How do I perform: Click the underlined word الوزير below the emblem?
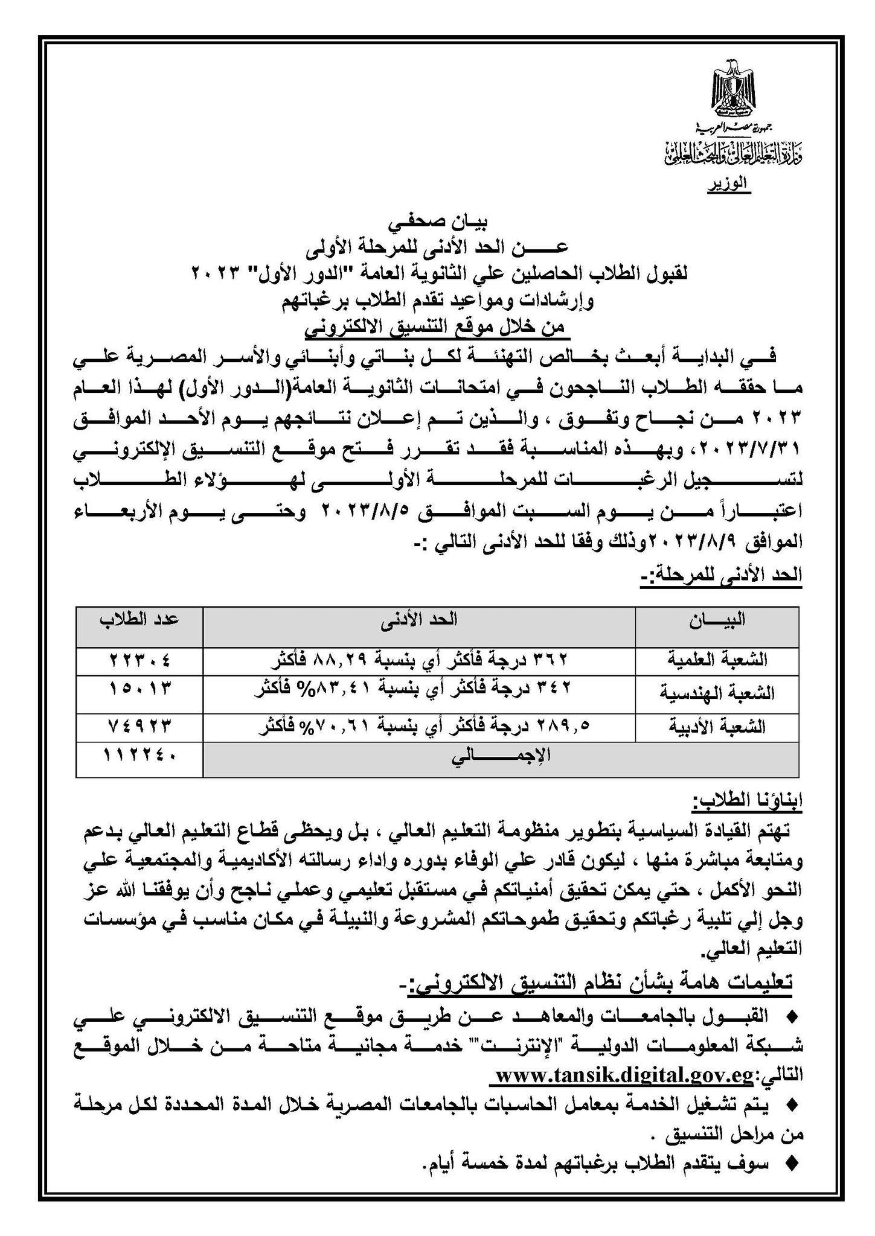(x=728, y=183)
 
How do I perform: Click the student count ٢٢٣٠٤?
(x=140, y=660)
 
